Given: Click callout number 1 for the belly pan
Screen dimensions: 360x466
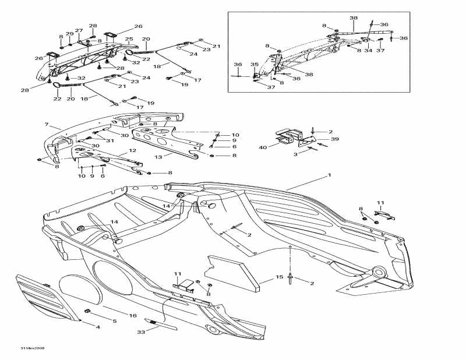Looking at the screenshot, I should (329, 175).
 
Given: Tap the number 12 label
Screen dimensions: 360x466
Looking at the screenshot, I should (132, 151).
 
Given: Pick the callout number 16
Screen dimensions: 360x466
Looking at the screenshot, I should (132, 315).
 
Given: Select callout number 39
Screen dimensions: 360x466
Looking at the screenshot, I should (319, 140).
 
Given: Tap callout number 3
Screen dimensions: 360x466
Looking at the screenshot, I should (295, 154).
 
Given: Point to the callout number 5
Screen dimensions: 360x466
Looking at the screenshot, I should (114, 322).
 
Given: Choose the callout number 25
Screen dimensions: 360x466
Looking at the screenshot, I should (129, 39).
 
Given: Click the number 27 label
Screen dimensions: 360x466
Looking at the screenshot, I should (79, 31).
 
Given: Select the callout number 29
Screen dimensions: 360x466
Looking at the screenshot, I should (70, 33).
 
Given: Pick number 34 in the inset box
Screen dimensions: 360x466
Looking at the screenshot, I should (368, 51).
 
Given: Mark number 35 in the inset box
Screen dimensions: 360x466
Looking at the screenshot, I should (254, 64).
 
